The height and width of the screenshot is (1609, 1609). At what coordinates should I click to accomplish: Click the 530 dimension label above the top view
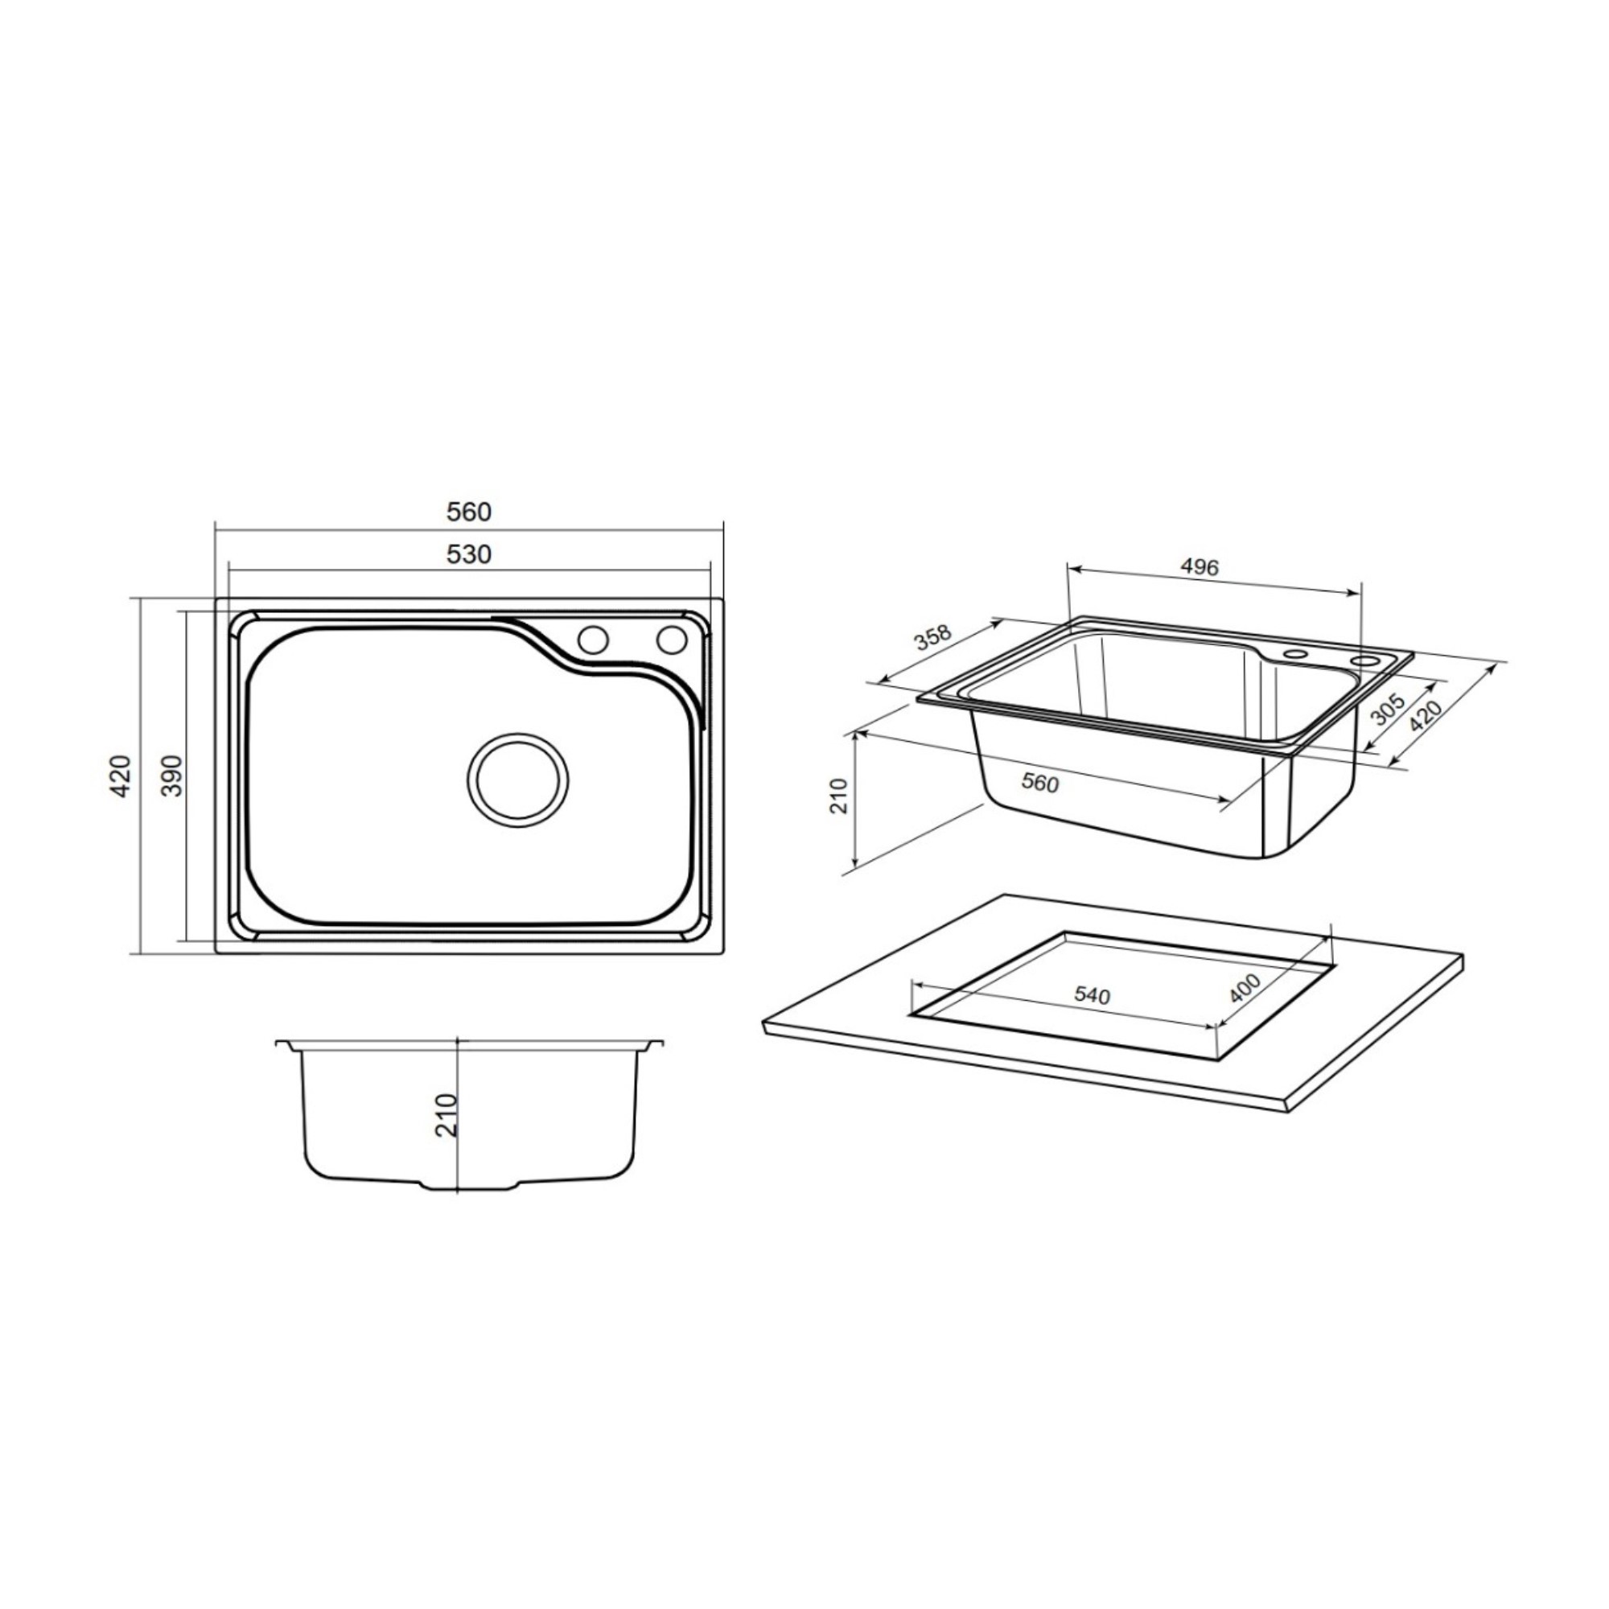pos(469,553)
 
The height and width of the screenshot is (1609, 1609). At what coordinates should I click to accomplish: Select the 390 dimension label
pos(171,776)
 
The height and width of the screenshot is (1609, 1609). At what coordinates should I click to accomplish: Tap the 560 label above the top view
pos(469,512)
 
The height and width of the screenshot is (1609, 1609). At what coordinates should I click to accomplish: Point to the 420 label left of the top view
pos(121,776)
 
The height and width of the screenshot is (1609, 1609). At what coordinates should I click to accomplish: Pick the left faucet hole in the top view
pos(593,640)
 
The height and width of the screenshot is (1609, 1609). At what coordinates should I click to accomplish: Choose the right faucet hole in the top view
pos(671,639)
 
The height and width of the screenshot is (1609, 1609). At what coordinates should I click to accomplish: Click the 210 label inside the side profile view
pos(447,1115)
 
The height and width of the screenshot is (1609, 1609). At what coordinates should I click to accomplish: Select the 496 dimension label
pos(1200,567)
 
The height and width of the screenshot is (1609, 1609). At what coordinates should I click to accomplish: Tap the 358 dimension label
pos(932,637)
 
